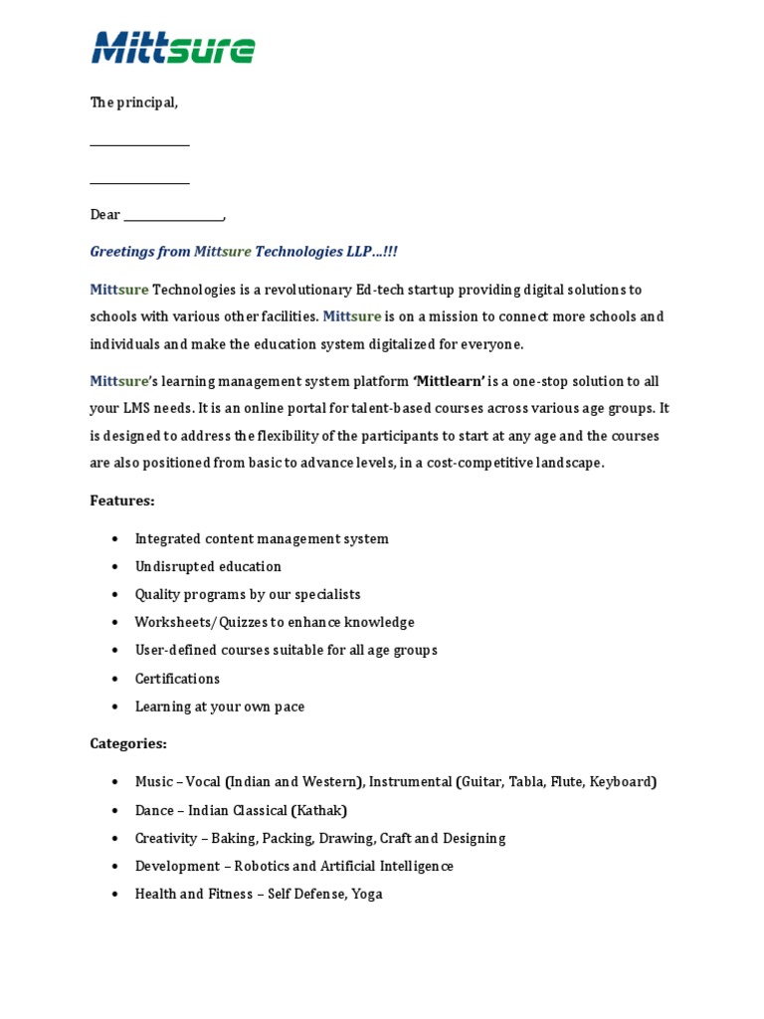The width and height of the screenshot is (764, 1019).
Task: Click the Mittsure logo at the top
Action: click(x=173, y=47)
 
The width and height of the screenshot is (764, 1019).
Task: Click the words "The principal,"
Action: click(x=134, y=102)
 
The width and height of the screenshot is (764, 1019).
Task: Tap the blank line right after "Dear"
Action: click(x=174, y=216)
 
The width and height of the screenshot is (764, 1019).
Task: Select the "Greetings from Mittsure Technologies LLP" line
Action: click(x=244, y=252)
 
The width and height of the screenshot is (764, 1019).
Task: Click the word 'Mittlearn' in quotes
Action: click(x=449, y=381)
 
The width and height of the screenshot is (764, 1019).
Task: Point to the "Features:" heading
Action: click(x=122, y=501)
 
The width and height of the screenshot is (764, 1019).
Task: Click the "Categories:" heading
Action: click(x=128, y=743)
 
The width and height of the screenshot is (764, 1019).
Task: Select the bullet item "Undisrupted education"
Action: click(x=208, y=566)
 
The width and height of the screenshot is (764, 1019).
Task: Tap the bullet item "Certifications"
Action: click(x=177, y=679)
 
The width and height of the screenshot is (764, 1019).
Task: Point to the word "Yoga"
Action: click(x=366, y=894)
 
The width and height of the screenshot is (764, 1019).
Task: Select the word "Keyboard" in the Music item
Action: click(x=621, y=781)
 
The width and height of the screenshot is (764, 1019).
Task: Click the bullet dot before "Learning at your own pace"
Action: click(x=115, y=707)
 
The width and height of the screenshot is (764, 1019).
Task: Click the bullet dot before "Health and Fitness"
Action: click(x=115, y=894)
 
